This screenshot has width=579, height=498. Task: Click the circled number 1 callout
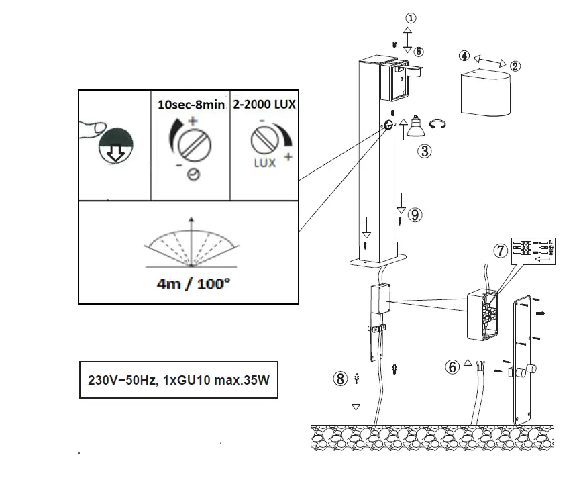coord(411,19)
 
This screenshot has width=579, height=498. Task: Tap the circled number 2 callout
coord(515,66)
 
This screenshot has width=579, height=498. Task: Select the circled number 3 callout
coord(424,151)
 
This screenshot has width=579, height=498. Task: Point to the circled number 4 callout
coord(464,56)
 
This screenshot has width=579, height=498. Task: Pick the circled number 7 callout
coord(500,250)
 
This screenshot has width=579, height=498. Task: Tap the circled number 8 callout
coord(341,379)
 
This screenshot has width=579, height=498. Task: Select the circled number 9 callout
coord(415,215)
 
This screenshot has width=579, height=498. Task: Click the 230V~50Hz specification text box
coord(178,379)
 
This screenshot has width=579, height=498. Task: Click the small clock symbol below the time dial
coord(192,175)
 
